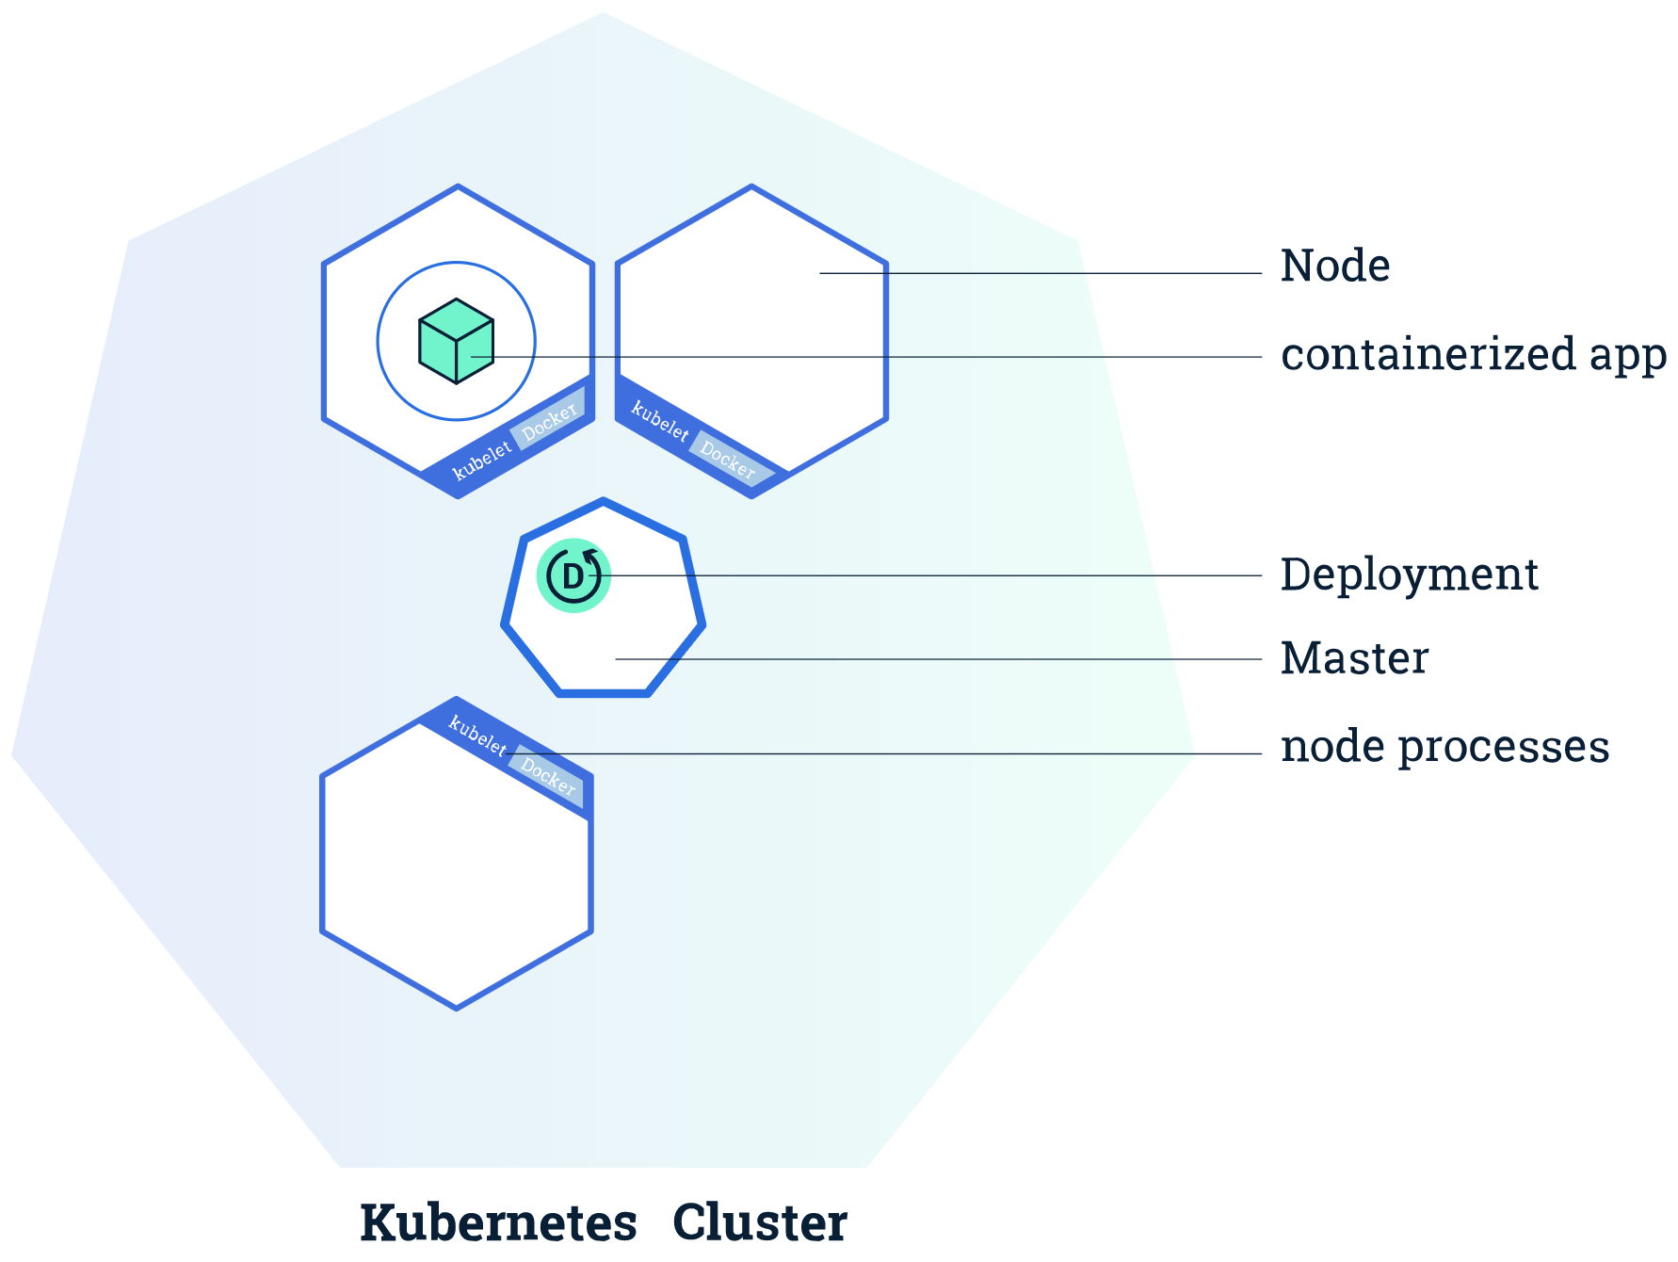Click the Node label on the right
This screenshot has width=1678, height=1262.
(x=1334, y=266)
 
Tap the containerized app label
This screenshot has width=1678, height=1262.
(x=1473, y=355)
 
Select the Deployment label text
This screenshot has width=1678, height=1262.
(x=1409, y=574)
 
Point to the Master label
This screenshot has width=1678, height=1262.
(x=1354, y=658)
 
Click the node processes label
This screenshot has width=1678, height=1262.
(x=1444, y=747)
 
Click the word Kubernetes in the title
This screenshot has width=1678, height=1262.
(x=498, y=1222)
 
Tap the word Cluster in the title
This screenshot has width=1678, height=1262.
(x=759, y=1222)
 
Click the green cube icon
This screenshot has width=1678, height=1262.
(x=456, y=341)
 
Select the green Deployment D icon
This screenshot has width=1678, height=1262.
(x=573, y=575)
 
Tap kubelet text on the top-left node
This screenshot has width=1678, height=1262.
(x=481, y=461)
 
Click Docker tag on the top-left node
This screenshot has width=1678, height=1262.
(x=549, y=420)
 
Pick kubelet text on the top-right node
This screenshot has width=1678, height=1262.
(x=659, y=421)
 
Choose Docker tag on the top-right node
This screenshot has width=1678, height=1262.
(x=727, y=459)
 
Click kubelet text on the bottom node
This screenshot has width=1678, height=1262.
(x=477, y=735)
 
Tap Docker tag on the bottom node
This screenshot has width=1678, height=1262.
(x=548, y=776)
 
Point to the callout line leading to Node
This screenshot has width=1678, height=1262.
(x=1036, y=273)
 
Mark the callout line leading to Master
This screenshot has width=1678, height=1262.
(x=942, y=659)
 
